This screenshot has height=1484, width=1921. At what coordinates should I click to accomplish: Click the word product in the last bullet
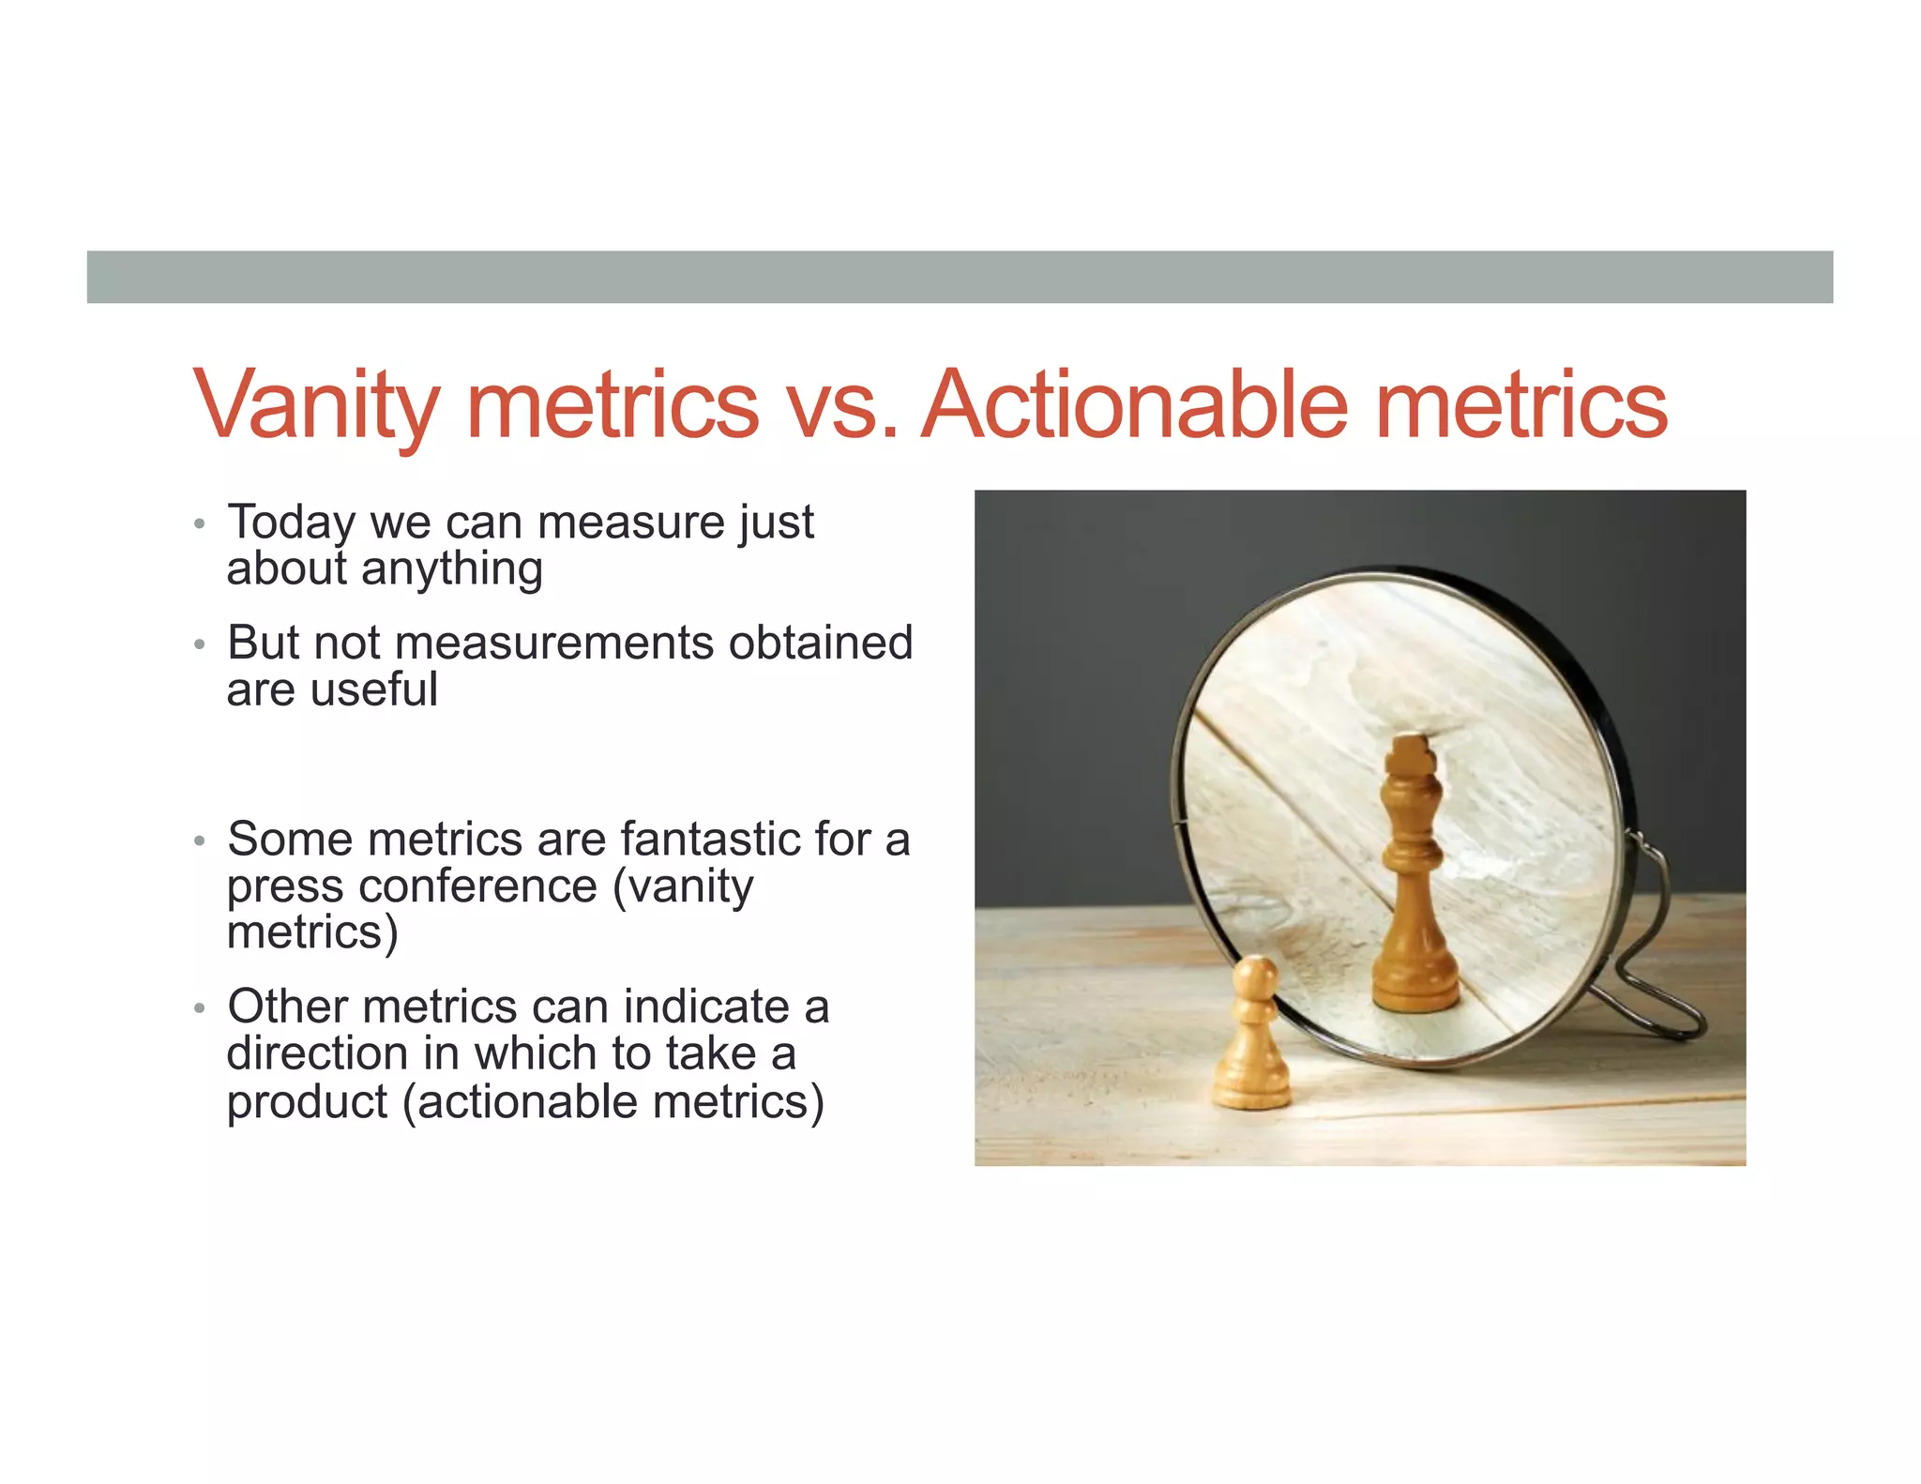pos(307,1102)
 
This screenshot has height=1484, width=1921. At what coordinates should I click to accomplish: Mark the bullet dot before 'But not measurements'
pos(199,645)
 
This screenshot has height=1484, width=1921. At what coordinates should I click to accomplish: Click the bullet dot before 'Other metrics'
pos(199,1009)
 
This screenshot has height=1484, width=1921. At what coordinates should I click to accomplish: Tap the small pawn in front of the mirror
pos(1252,1041)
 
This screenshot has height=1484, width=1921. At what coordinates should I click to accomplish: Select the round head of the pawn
pos(1254,977)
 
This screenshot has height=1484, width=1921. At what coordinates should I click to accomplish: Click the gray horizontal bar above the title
pos(960,277)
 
